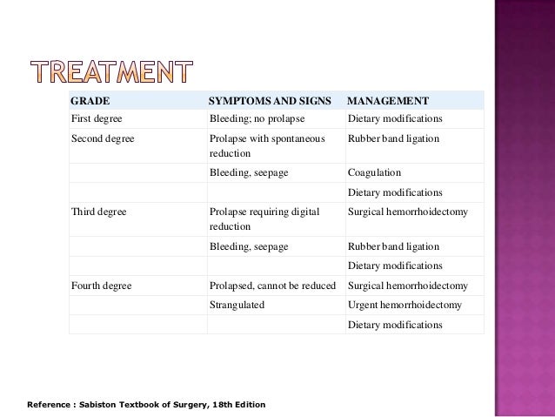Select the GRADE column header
coord(90,100)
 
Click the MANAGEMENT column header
coord(387,100)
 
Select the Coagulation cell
coord(373,173)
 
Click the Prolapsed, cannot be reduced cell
coord(272,286)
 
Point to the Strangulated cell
coord(237,306)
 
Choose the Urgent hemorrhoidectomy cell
coord(405,306)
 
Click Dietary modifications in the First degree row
coord(395,118)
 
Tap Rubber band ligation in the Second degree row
coord(393,138)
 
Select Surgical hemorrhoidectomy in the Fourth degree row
coord(407,286)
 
